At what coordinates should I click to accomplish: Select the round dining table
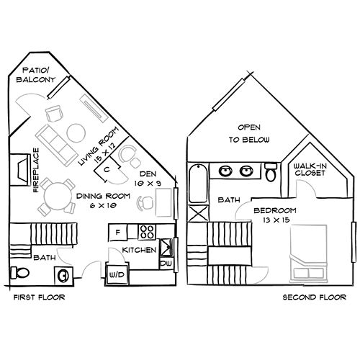55,194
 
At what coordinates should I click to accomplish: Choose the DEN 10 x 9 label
148,179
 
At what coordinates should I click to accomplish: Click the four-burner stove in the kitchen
148,232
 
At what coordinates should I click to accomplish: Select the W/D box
116,275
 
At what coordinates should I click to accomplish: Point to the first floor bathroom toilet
22,273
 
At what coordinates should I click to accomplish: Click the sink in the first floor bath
63,274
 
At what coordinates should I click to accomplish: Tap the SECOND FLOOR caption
310,297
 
